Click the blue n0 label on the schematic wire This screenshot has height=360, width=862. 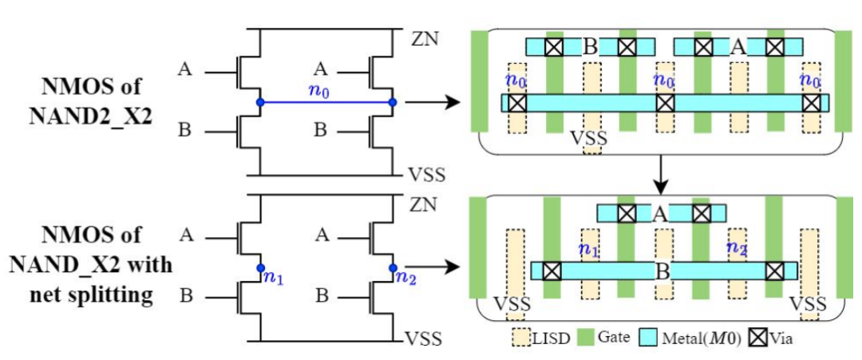318,92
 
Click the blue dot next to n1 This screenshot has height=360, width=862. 260,268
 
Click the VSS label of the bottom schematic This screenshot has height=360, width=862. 423,338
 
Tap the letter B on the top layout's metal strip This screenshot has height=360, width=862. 590,47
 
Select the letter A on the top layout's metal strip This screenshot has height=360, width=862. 737,47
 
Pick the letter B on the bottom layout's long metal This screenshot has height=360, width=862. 663,271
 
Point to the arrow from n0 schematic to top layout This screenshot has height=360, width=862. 432,102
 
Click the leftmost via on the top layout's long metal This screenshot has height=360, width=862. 517,103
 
